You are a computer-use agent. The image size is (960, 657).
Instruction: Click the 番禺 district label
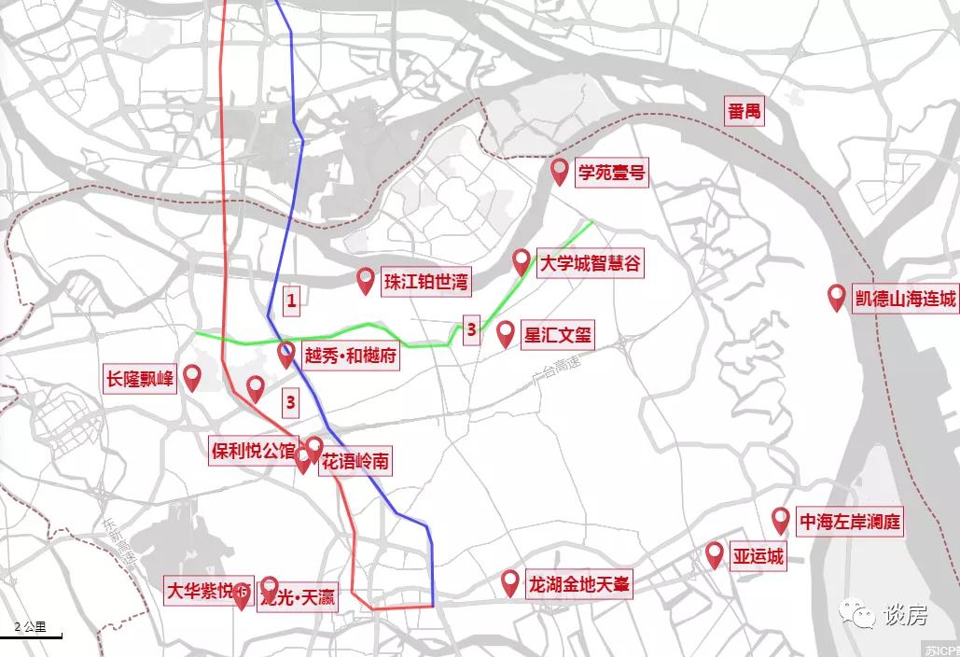[x=745, y=112]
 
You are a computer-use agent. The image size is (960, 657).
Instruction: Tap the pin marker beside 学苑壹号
[x=561, y=172]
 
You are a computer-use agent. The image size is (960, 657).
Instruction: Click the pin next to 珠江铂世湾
[x=367, y=281]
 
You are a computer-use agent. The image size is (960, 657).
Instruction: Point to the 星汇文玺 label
[x=558, y=335]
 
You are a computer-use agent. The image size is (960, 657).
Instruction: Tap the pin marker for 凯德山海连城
[x=837, y=298]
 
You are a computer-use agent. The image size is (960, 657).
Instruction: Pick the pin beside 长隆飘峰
[x=192, y=378]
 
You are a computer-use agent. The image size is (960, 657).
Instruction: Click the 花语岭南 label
[x=356, y=461]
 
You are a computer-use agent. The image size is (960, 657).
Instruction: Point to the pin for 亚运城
[x=715, y=555]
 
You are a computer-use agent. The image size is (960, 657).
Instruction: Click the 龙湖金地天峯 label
[x=580, y=585]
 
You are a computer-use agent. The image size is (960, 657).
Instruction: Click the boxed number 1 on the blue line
[x=292, y=301]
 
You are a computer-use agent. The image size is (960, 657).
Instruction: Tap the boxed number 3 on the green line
[x=471, y=329]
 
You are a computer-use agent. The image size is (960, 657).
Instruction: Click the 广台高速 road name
[x=555, y=366]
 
